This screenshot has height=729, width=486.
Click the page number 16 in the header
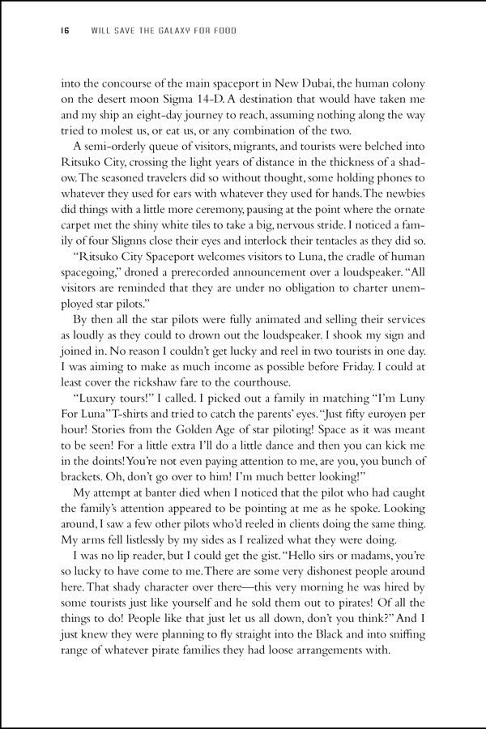click(x=65, y=32)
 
